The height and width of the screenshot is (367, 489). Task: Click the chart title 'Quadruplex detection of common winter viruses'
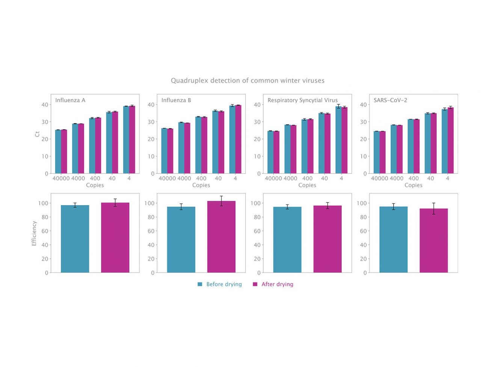[248, 80]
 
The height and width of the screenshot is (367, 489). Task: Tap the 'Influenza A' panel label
[70, 100]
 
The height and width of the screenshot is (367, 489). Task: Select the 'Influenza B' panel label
[176, 100]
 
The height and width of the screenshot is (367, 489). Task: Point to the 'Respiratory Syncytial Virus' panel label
[302, 100]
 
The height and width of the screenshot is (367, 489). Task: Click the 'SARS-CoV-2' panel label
[390, 100]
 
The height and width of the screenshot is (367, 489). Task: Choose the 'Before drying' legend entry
[220, 284]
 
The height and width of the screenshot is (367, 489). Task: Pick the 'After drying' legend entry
[273, 284]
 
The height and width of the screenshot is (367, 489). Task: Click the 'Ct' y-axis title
[37, 134]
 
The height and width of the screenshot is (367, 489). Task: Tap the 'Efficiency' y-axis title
[34, 233]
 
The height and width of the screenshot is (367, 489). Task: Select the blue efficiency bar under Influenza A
[75, 239]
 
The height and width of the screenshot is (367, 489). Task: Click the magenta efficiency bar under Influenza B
[221, 237]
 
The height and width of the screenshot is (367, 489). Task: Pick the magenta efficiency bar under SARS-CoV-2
[433, 240]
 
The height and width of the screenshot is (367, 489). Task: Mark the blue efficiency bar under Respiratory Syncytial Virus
[287, 240]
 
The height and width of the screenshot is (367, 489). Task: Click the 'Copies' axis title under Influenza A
[95, 185]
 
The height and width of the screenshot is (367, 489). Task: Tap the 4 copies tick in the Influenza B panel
[235, 178]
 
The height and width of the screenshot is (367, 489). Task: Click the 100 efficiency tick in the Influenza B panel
[149, 203]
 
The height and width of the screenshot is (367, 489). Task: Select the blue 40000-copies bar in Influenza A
[58, 152]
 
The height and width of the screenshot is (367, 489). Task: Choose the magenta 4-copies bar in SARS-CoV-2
[450, 140]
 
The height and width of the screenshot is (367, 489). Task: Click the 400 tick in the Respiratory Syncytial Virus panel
[307, 178]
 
